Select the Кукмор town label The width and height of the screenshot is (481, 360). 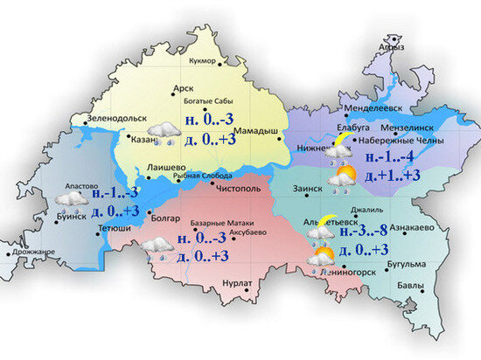(x=202, y=60)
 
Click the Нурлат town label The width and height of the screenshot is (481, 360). (x=236, y=283)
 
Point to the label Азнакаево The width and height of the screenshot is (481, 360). (x=412, y=227)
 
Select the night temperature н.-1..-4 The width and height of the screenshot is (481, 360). (x=390, y=158)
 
